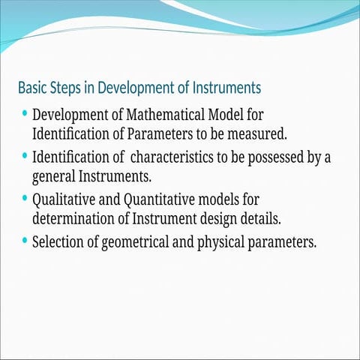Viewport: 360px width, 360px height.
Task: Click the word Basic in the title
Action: (x=31, y=88)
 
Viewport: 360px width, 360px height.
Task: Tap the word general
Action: (x=53, y=178)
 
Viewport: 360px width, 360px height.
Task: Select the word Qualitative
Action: (x=64, y=201)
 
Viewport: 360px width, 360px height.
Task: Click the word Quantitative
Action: (x=161, y=201)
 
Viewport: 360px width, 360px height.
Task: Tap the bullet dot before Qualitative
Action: (x=26, y=199)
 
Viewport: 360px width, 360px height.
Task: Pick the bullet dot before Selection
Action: (x=26, y=241)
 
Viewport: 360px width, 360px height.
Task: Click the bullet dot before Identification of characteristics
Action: (x=26, y=157)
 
